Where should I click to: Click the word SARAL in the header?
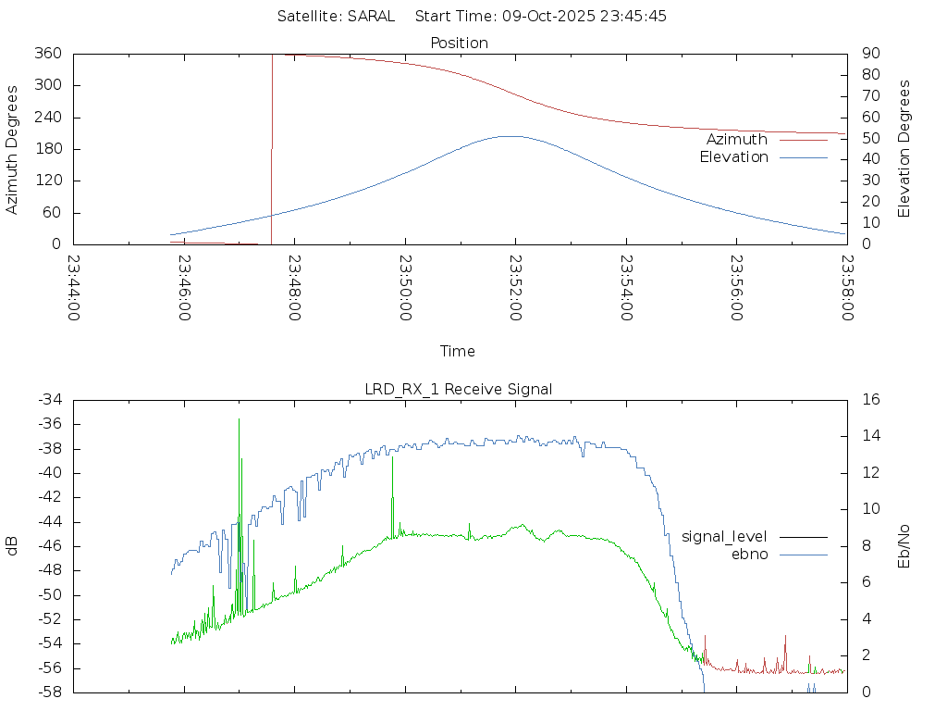pos(371,16)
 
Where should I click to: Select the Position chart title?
pos(460,43)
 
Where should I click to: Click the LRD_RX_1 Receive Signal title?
pos(459,389)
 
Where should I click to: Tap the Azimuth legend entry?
pos(737,140)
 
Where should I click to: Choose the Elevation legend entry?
pos(733,157)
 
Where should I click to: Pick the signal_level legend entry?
pos(724,536)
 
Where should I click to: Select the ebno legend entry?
pos(749,554)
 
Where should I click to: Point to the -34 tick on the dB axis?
pos(49,400)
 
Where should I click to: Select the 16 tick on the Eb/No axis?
pos(869,400)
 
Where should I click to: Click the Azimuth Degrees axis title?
pos(13,149)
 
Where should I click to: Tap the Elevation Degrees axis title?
pos(904,149)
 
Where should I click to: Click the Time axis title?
pos(458,351)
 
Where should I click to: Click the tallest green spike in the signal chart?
pos(239,419)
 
